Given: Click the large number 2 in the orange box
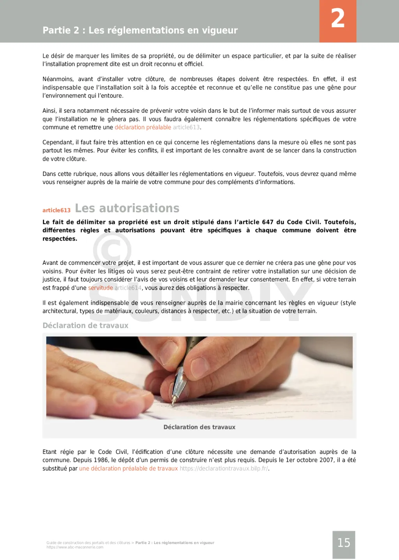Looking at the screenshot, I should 338,19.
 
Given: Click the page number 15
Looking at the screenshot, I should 344,543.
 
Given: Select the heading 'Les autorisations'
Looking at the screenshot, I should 127,208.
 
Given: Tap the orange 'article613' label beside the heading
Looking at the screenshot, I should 56,210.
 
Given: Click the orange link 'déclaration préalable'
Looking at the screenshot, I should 143,128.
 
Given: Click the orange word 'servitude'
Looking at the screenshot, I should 101,288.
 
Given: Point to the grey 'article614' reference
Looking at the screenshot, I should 128,288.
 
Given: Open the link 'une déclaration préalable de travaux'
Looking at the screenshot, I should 128,468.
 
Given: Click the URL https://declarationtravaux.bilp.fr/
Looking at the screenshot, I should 224,468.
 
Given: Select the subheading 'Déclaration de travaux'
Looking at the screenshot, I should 85,326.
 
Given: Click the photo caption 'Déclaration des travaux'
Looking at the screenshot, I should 199,427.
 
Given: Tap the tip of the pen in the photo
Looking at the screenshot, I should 174,401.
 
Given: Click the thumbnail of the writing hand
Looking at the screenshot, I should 199,377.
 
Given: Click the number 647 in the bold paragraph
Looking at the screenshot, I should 268,222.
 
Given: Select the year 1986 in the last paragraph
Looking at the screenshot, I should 101,460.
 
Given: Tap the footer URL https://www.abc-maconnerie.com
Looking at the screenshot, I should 75,547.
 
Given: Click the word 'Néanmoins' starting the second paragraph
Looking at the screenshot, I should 58,79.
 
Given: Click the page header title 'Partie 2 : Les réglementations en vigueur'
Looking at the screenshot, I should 140,30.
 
